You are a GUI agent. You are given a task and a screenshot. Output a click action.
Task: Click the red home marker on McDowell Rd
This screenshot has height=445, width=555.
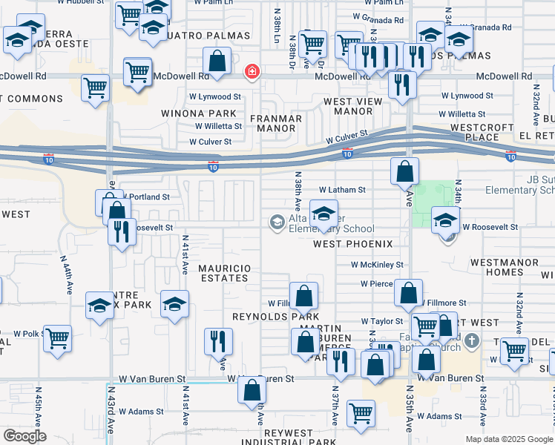(x=252, y=71)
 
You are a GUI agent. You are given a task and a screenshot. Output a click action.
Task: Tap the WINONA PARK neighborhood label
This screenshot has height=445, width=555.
(x=199, y=113)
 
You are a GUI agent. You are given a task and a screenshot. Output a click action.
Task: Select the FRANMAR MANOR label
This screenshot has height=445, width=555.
(x=275, y=123)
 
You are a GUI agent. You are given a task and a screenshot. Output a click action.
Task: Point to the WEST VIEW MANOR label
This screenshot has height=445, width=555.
(x=347, y=106)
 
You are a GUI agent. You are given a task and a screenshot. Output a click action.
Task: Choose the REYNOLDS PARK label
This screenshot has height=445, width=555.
(x=265, y=317)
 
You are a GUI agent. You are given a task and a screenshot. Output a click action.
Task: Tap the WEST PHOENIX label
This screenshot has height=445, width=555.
(x=352, y=244)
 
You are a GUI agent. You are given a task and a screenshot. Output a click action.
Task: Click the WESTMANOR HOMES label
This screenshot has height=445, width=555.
(x=496, y=267)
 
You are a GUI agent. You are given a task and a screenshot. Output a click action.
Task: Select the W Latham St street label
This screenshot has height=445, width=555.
(x=342, y=190)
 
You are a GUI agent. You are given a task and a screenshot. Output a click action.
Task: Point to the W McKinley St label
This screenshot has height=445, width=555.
(x=377, y=264)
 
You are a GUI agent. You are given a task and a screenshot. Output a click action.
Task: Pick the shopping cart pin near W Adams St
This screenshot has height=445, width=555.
(x=361, y=412)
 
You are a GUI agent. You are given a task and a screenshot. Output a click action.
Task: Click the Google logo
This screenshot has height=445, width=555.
(x=25, y=435)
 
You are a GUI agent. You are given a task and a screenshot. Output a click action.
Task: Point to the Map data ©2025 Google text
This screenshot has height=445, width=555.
(x=508, y=439)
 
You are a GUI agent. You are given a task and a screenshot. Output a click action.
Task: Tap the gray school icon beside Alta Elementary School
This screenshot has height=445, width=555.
(x=277, y=222)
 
